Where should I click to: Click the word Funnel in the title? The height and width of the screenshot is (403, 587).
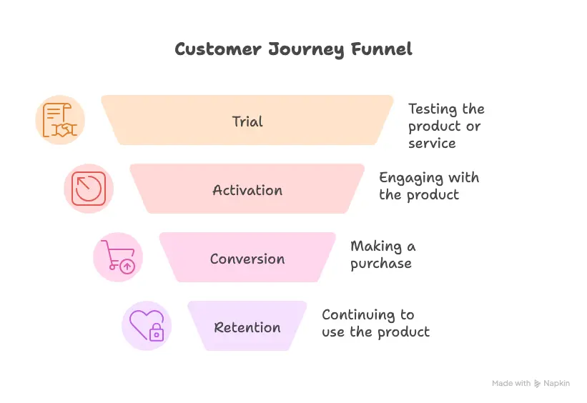click(382, 49)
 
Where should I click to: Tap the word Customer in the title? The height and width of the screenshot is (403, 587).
click(218, 49)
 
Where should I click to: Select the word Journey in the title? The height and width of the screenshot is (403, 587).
click(306, 50)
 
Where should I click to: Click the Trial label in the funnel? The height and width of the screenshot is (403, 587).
click(247, 121)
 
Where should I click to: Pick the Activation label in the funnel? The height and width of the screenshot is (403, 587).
click(247, 190)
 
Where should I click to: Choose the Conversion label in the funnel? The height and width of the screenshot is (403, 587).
click(247, 259)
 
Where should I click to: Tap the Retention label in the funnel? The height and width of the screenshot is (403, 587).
click(247, 327)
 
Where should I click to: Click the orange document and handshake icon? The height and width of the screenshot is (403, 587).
click(60, 120)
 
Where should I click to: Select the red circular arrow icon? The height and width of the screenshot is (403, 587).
click(89, 189)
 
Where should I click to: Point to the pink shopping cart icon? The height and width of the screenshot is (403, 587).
click(118, 257)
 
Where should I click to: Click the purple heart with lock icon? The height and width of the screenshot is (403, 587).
click(147, 326)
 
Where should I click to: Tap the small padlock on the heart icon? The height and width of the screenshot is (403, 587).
click(157, 332)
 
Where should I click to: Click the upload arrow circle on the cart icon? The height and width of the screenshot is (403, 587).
click(127, 267)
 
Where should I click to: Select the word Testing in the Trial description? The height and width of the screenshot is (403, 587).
click(433, 109)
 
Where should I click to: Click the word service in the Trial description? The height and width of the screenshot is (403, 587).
click(432, 144)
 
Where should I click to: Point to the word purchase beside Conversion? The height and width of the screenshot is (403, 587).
click(381, 264)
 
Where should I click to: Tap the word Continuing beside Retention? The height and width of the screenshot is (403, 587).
click(358, 315)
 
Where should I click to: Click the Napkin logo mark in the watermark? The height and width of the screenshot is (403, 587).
click(537, 384)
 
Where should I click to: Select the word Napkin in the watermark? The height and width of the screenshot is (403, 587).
click(557, 384)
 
